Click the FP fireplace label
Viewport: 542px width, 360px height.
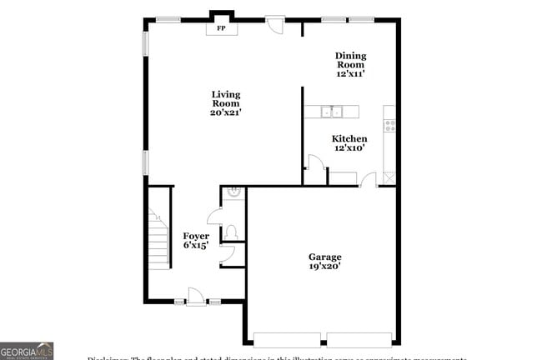coord(221,28)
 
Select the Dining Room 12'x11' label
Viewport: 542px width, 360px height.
coord(351,65)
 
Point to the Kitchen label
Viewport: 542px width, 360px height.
coord(349,143)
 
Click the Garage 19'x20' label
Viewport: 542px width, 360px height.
coord(324,262)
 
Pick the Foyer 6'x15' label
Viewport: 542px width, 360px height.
coord(195,241)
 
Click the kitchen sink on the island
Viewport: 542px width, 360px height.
coord(333,111)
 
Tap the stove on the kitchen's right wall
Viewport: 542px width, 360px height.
coord(389,126)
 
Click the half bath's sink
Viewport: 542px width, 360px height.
coord(235,194)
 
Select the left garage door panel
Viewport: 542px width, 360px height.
coord(287,339)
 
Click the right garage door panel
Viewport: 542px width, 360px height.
coord(359,339)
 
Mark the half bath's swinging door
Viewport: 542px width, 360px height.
coord(214,216)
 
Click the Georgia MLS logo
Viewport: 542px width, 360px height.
coord(27,351)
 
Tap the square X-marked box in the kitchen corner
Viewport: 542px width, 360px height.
coord(389,177)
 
